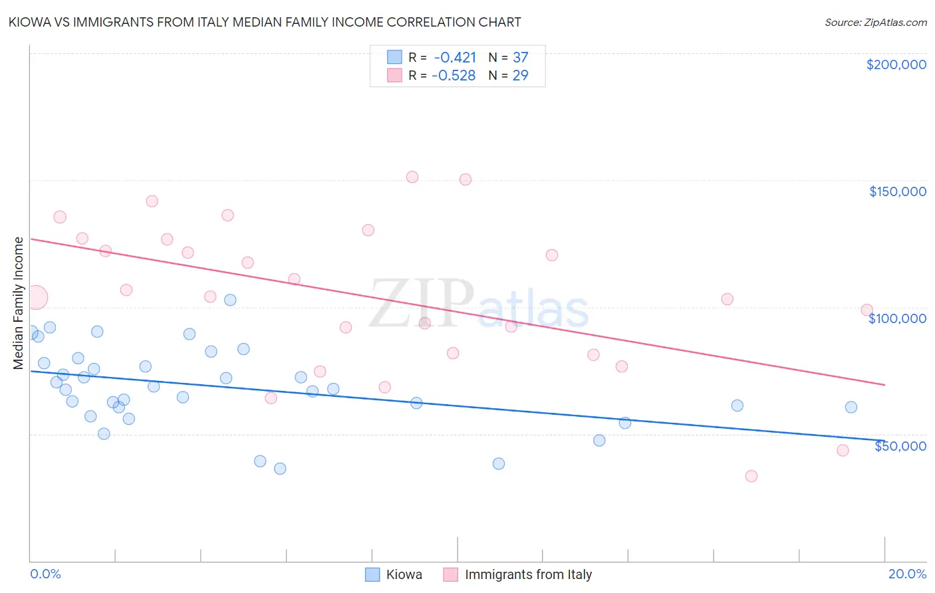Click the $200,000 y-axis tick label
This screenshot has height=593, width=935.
pyautogui.click(x=896, y=64)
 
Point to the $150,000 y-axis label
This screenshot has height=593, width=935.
pyautogui.click(x=897, y=191)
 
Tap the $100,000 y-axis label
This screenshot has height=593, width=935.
pyautogui.click(x=897, y=318)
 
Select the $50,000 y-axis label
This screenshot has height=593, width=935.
pyautogui.click(x=900, y=446)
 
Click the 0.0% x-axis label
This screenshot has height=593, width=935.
pyautogui.click(x=45, y=574)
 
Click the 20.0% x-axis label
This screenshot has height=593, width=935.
pyautogui.click(x=907, y=574)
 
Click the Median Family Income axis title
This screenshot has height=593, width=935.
pyautogui.click(x=19, y=302)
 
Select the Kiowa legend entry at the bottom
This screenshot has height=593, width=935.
pyautogui.click(x=404, y=574)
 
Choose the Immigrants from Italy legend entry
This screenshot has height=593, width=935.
pyautogui.click(x=528, y=574)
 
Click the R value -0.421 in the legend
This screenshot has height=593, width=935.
pyautogui.click(x=455, y=57)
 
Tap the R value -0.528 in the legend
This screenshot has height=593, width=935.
pyautogui.click(x=454, y=76)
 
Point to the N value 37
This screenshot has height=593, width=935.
pyautogui.click(x=520, y=57)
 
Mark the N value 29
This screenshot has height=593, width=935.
pyautogui.click(x=520, y=76)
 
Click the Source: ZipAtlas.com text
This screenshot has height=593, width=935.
pyautogui.click(x=875, y=22)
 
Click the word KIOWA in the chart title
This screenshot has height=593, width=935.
pyautogui.click(x=30, y=22)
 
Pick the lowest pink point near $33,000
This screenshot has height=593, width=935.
pyautogui.click(x=751, y=476)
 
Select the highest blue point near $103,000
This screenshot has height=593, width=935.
pyautogui.click(x=230, y=300)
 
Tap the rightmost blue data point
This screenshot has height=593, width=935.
pyautogui.click(x=851, y=408)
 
